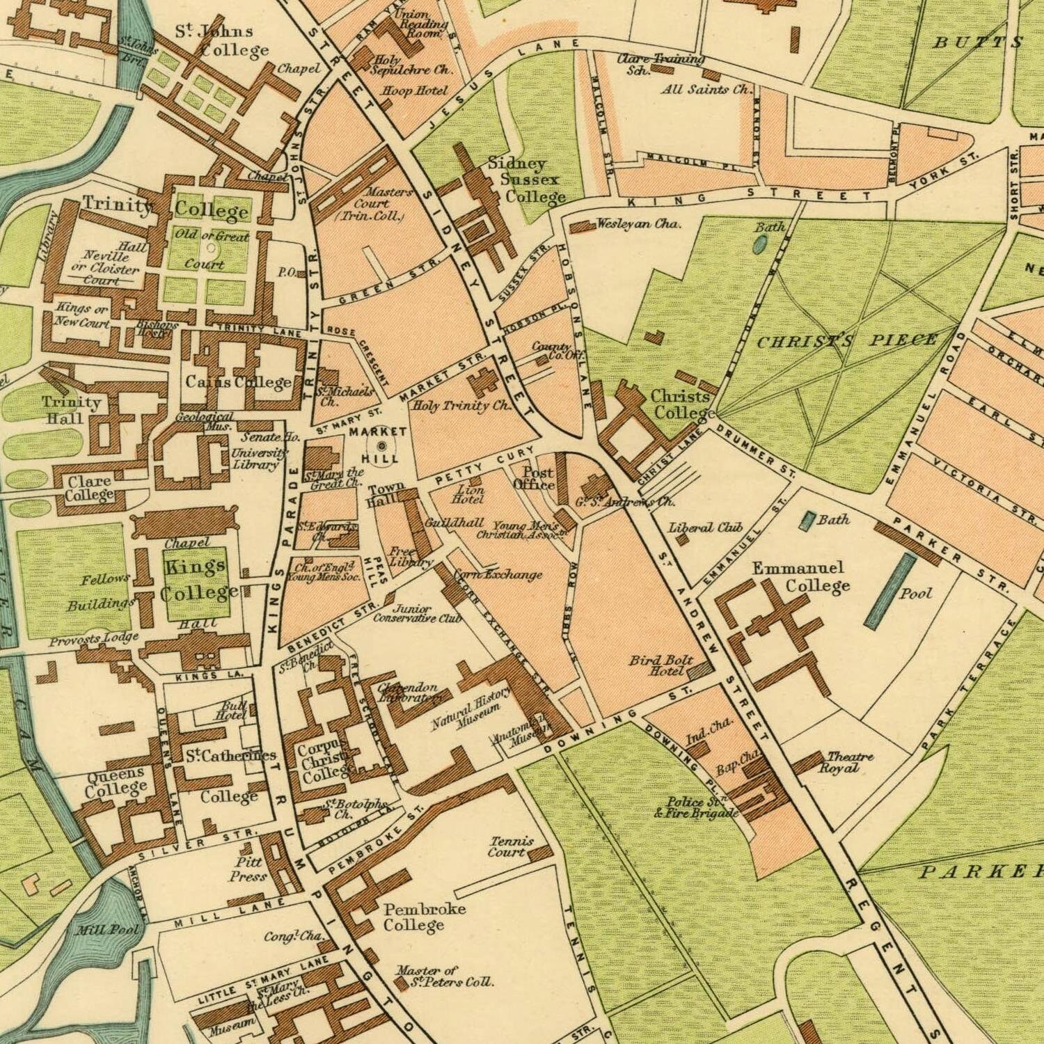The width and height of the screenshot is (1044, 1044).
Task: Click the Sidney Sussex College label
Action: coord(526,180)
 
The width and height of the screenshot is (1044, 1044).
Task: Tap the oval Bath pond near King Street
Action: coord(760,244)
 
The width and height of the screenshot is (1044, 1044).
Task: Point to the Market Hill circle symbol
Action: coord(382,445)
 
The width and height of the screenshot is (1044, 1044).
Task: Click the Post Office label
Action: coord(535,479)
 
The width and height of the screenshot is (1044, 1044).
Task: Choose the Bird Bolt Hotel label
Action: coord(661,665)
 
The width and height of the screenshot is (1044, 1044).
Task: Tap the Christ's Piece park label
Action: coord(846,342)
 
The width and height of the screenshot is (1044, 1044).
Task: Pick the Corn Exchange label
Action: coord(498,575)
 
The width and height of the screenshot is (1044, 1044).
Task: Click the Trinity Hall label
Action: coord(71,410)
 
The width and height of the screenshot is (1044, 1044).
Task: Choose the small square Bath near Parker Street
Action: coord(809,519)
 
